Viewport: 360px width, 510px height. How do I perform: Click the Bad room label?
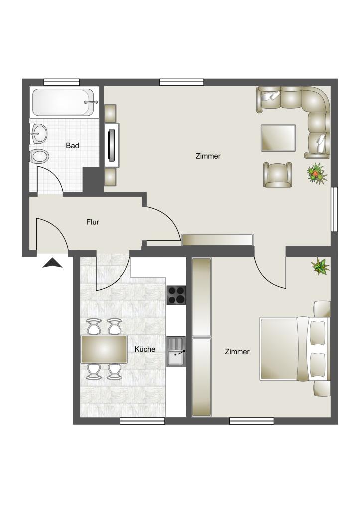[73, 146]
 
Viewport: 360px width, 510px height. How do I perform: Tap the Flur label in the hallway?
[93, 222]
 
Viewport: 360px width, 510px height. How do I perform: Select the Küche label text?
[145, 349]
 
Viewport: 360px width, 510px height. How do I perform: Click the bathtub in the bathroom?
[63, 102]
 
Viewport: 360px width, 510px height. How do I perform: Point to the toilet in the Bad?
[39, 157]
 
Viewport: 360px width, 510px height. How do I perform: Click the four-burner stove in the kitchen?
[176, 295]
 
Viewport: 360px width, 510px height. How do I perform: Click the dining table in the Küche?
[104, 349]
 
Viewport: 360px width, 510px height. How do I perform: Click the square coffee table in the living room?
[278, 137]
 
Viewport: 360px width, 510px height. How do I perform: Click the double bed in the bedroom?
[294, 348]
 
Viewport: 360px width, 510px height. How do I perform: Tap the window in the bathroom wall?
[62, 82]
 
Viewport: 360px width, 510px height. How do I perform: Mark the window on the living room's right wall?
[334, 209]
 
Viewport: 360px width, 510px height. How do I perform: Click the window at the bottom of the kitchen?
[142, 421]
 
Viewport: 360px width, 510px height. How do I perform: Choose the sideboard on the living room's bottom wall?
[218, 240]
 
